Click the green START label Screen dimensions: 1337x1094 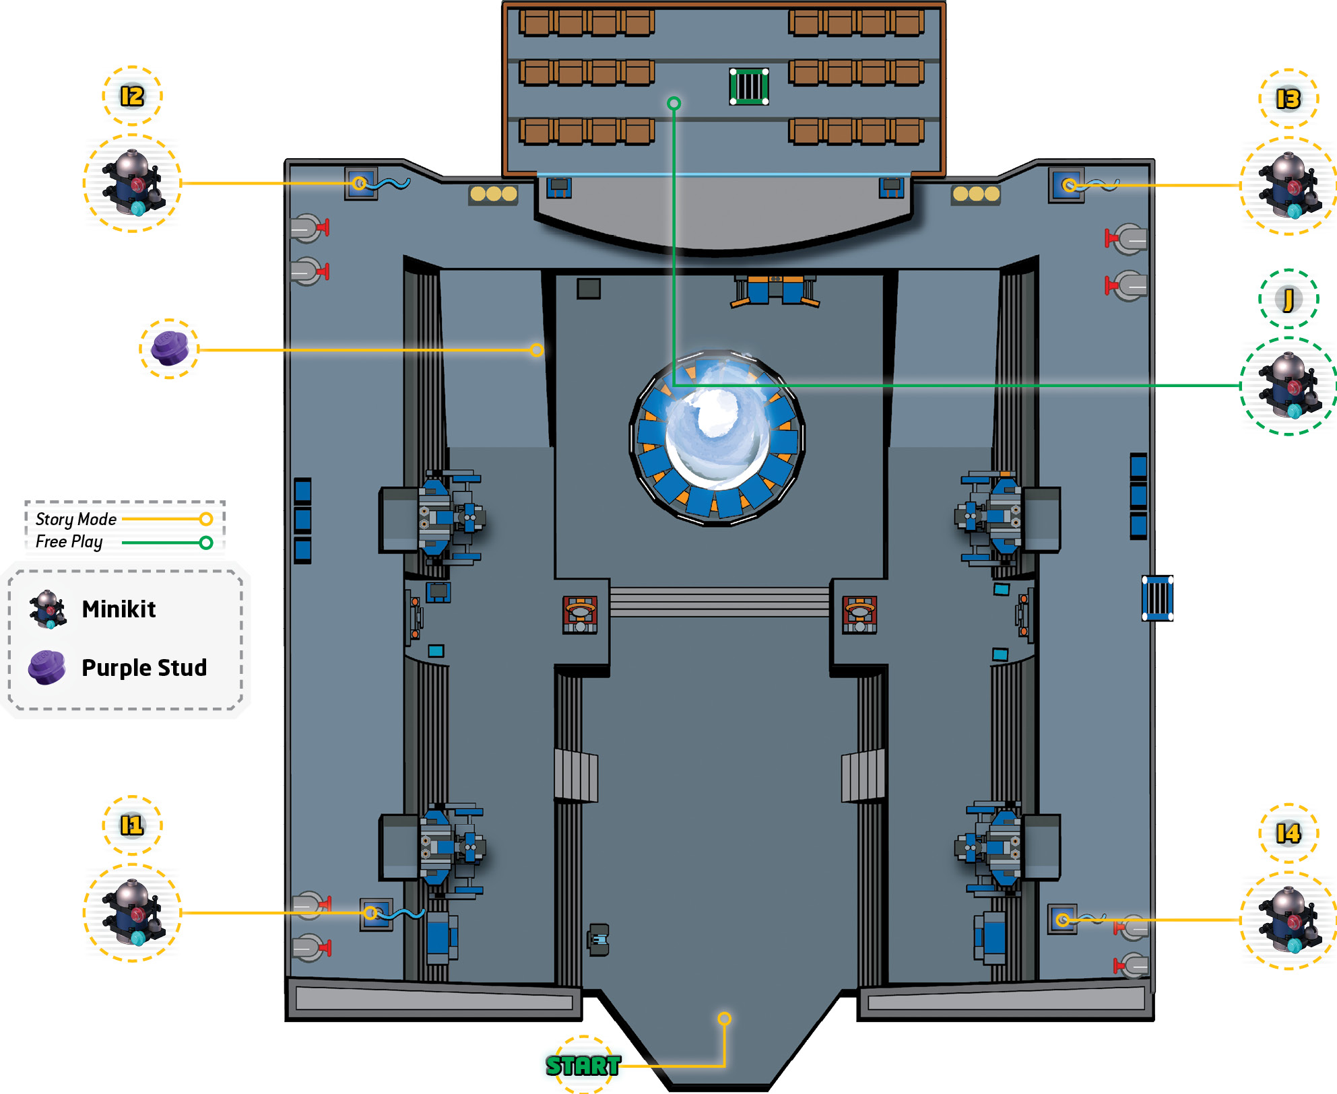point(583,1065)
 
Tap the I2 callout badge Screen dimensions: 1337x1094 point(132,96)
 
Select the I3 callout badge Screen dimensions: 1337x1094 point(1288,99)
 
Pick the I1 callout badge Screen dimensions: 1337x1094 point(132,825)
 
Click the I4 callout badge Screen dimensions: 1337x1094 point(1288,833)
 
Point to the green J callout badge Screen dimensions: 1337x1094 point(1288,299)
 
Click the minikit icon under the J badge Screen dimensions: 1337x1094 point(1288,386)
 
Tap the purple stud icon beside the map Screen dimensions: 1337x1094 point(169,349)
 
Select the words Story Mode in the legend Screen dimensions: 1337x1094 point(75,519)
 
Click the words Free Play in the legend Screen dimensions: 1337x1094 point(69,542)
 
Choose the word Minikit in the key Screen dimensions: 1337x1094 point(119,609)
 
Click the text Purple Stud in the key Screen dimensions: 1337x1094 point(144,667)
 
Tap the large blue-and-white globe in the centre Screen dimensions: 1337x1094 point(717,438)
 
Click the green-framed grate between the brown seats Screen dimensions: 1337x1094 point(749,86)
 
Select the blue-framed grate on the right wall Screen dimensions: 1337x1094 point(1157,598)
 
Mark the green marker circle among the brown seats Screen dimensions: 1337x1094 point(674,103)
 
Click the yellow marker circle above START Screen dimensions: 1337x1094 point(724,1018)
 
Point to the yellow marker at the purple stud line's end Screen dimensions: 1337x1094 point(536,349)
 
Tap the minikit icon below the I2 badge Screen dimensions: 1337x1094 point(132,183)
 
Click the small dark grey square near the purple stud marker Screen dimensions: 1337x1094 point(589,289)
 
